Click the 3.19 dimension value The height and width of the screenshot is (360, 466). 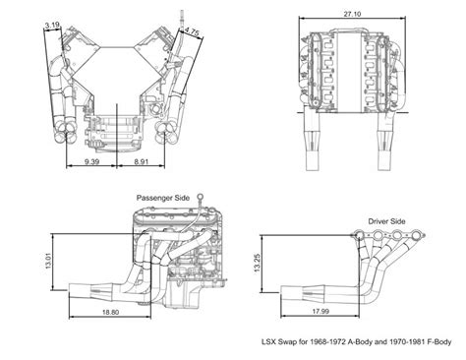pyautogui.click(x=52, y=25)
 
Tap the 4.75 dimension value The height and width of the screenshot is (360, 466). pyautogui.click(x=194, y=31)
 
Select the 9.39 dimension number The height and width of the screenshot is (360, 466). pyautogui.click(x=92, y=159)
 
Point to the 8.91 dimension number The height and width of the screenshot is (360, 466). pyautogui.click(x=141, y=159)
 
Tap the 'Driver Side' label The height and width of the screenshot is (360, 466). pyautogui.click(x=386, y=221)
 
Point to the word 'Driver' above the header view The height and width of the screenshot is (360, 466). pyautogui.click(x=378, y=221)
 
